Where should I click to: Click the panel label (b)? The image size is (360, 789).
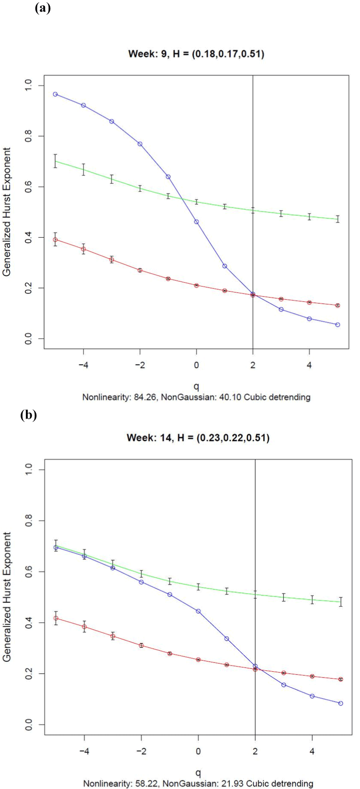28,415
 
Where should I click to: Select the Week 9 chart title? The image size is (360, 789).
196,54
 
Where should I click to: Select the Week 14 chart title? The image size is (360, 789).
198,437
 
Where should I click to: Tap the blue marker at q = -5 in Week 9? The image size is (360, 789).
55,94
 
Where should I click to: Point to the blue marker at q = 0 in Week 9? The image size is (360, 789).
196,222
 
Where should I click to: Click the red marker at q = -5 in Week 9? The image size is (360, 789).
55,240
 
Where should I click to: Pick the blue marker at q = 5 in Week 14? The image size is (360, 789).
340,703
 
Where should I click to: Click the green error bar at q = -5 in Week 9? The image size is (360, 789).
55,161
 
